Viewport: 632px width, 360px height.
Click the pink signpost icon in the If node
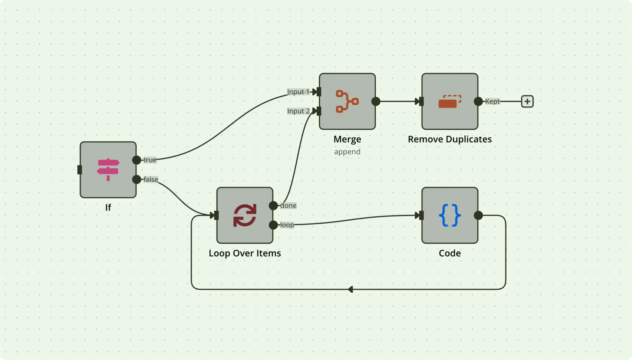tap(108, 170)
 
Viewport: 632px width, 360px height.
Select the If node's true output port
tap(137, 160)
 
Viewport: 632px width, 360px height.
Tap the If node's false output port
tap(137, 180)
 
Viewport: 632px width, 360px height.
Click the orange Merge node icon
tap(347, 101)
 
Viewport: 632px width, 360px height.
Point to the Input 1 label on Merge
tap(298, 92)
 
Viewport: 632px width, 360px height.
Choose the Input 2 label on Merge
tap(298, 111)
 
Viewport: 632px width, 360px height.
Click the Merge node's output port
tap(376, 101)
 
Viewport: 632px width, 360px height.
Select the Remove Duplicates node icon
tap(450, 101)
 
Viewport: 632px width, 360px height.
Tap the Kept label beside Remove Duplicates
tap(492, 101)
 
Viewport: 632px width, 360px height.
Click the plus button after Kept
tap(527, 101)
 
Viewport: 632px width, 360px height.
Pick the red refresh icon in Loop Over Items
tap(245, 215)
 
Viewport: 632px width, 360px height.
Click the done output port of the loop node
tap(273, 205)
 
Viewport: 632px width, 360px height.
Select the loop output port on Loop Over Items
tap(273, 225)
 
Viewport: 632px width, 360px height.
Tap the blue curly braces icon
tap(450, 215)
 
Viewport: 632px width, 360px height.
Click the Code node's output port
tap(478, 215)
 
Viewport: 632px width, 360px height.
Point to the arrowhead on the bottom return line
tap(350, 289)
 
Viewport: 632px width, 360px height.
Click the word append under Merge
tap(347, 152)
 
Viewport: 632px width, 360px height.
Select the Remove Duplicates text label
tap(450, 139)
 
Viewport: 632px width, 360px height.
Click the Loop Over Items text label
tap(245, 253)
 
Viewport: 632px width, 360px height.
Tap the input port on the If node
tap(80, 170)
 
